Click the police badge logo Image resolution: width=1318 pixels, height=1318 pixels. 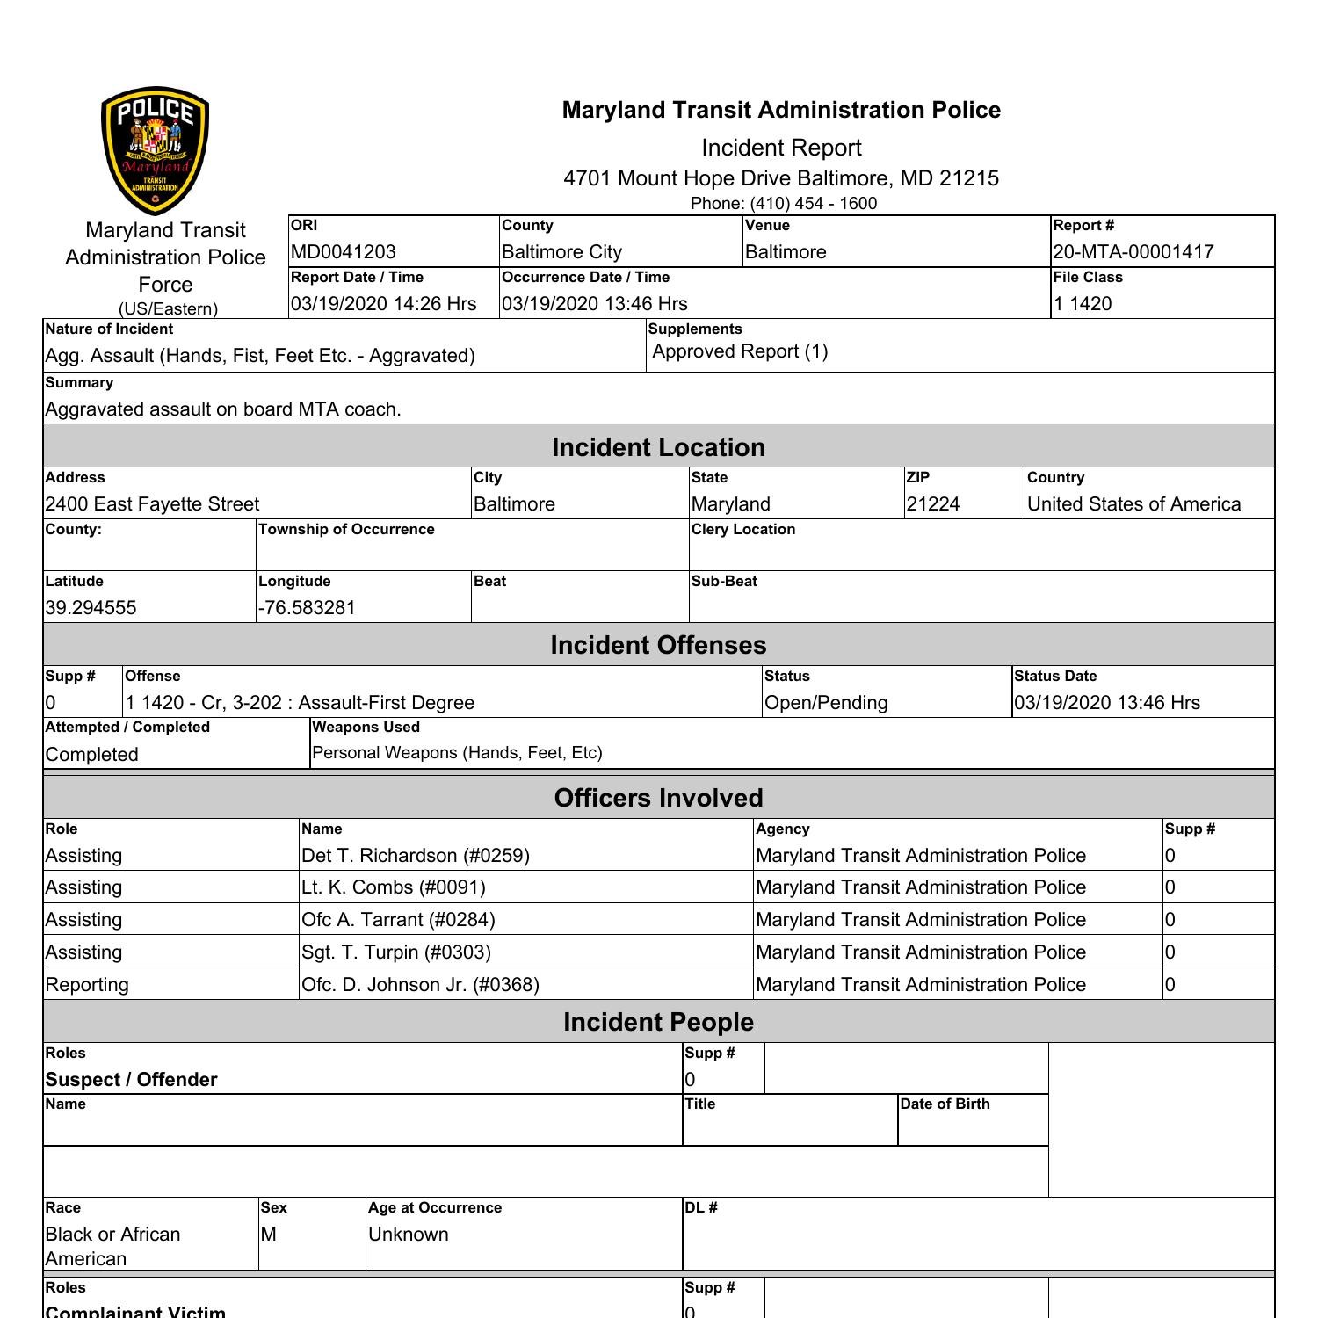[x=156, y=150]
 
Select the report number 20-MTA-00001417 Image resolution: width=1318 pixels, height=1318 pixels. [x=1133, y=252]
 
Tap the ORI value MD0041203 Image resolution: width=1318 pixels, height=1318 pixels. [x=344, y=252]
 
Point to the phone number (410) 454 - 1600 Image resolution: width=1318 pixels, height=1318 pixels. [x=783, y=204]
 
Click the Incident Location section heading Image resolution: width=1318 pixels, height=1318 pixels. [x=658, y=447]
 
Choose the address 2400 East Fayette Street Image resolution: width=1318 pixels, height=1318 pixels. [x=152, y=504]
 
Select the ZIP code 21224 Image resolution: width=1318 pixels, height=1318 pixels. [x=933, y=504]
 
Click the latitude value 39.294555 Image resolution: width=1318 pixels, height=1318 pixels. [x=91, y=608]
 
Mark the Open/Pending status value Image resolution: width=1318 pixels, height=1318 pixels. [x=826, y=703]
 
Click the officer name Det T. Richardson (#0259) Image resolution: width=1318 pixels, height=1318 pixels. [x=415, y=856]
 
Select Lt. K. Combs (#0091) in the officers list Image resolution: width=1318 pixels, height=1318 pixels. [x=393, y=887]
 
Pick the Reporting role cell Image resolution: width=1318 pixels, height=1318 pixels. [x=87, y=985]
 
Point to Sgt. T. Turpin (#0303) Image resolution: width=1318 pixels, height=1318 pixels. [x=395, y=952]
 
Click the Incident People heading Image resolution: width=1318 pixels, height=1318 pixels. [x=658, y=1022]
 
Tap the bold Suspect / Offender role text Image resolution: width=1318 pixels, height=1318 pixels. [x=131, y=1080]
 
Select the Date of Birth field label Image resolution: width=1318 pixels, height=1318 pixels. [x=945, y=1104]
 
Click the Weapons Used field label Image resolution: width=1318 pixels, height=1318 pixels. [x=366, y=728]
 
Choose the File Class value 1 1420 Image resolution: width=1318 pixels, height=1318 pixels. [x=1083, y=304]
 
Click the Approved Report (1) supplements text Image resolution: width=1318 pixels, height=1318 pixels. [x=740, y=351]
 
